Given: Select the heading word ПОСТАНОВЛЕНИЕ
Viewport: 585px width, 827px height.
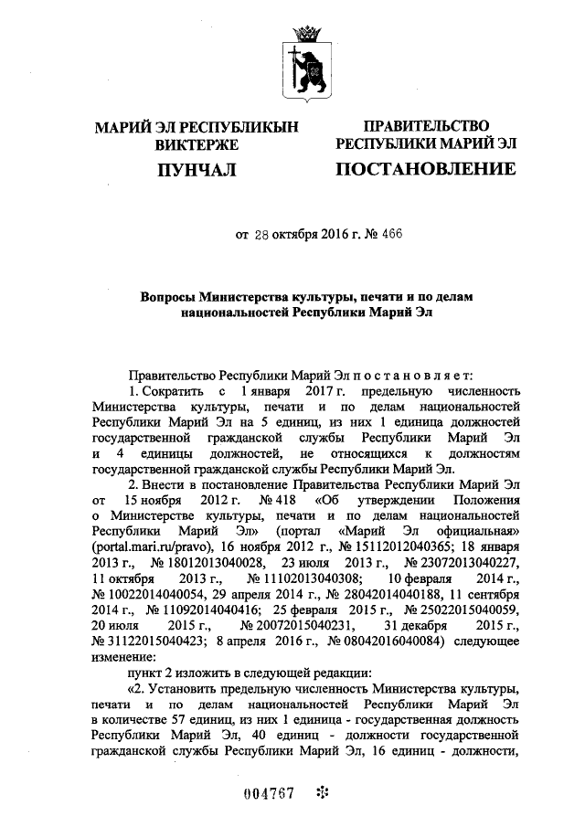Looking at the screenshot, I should pos(426,169).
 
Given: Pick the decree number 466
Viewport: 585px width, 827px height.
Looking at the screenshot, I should pos(390,234).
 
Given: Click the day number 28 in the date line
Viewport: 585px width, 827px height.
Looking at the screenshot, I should pos(261,234).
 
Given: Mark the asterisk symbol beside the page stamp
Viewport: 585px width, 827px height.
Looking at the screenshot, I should pos(321,791).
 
